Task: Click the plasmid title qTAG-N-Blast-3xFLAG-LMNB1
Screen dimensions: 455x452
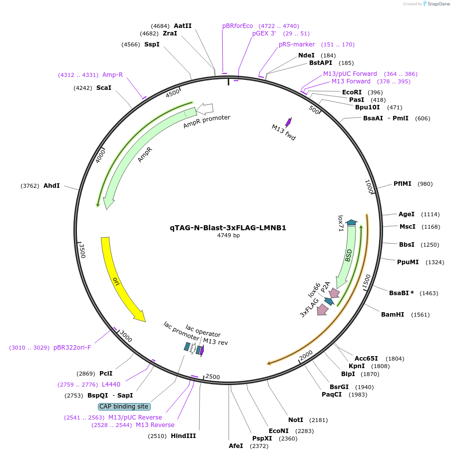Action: click(228, 228)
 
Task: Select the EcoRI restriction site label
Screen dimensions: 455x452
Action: click(352, 92)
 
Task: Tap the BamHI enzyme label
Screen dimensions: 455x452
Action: click(392, 315)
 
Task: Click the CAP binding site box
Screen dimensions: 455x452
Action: click(123, 407)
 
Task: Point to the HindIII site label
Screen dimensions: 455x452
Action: click(183, 436)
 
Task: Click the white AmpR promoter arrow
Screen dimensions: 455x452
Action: click(205, 108)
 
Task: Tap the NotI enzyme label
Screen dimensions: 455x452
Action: click(296, 420)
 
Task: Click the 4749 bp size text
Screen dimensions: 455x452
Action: click(228, 235)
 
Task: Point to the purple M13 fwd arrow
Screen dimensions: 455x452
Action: click(288, 122)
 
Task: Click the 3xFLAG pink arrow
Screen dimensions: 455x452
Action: click(323, 309)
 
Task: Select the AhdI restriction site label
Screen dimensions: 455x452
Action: click(51, 186)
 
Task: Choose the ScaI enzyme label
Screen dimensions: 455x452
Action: click(104, 88)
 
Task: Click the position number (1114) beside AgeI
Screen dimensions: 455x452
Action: click(431, 214)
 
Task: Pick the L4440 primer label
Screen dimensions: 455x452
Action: click(111, 385)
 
